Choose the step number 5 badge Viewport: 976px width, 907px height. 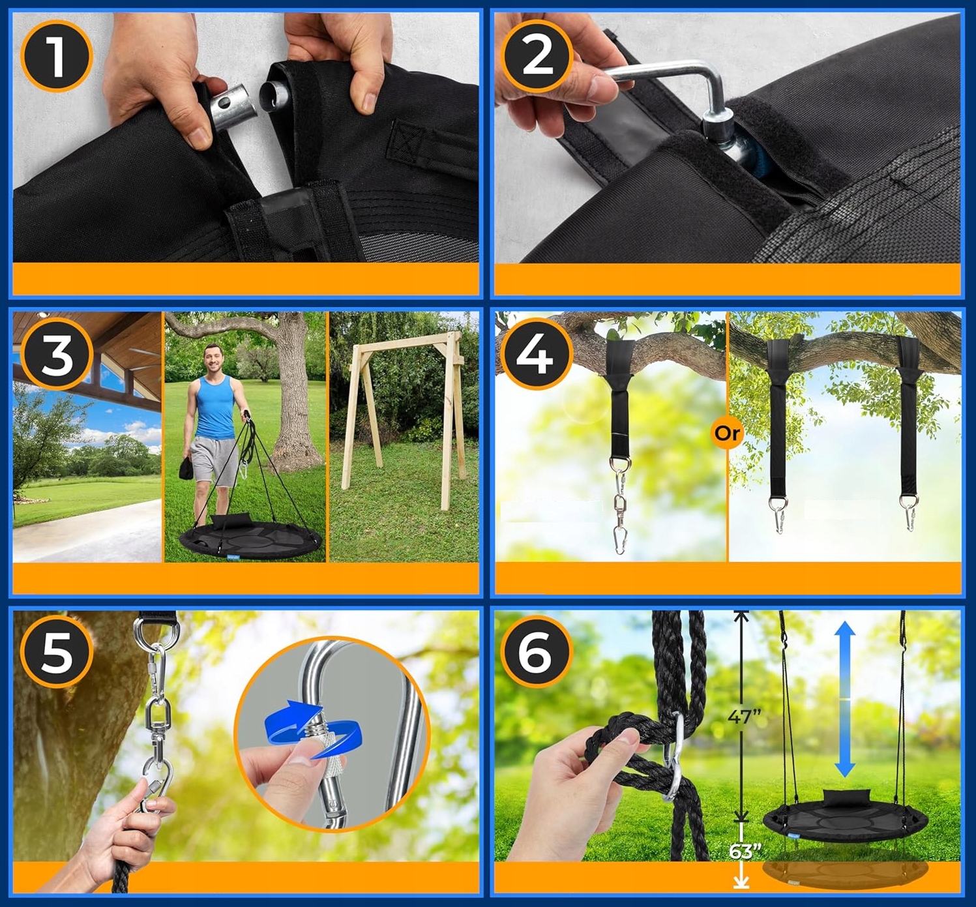point(57,651)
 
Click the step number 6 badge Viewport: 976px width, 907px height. point(537,651)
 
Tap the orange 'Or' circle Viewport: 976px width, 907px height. point(728,434)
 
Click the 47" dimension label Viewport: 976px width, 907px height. point(744,717)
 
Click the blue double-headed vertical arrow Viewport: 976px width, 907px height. point(846,698)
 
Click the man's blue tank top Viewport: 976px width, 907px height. point(214,406)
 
